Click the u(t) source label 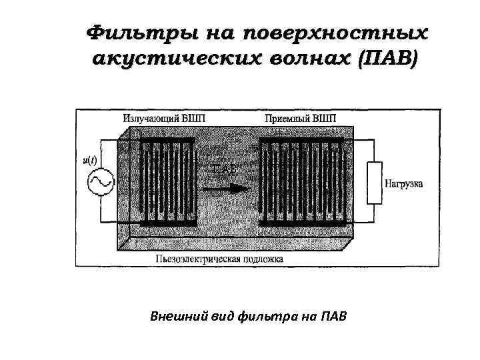pyautogui.click(x=89, y=160)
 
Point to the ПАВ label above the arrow pyautogui.click(x=225, y=170)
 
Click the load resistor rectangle pyautogui.click(x=373, y=181)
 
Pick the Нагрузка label pyautogui.click(x=403, y=182)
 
